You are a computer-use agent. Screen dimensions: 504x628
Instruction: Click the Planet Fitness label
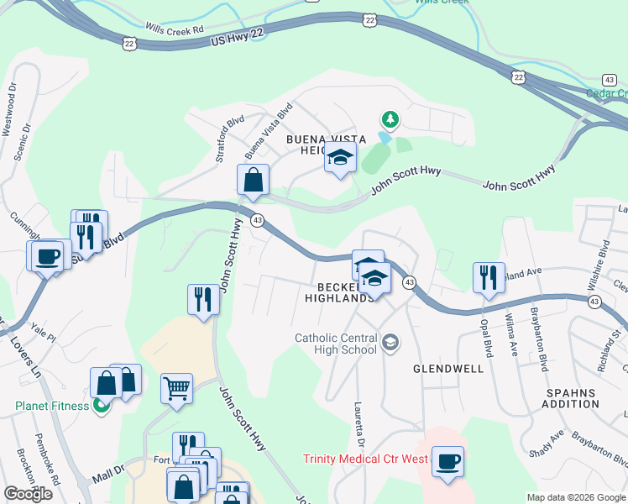pyautogui.click(x=52, y=407)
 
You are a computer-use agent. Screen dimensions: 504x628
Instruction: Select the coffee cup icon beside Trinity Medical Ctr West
pyautogui.click(x=447, y=461)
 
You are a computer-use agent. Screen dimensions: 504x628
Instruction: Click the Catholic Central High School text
pyautogui.click(x=335, y=344)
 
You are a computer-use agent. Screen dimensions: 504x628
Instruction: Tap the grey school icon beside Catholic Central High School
pyautogui.click(x=390, y=342)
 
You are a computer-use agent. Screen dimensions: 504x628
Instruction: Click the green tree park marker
pyautogui.click(x=388, y=119)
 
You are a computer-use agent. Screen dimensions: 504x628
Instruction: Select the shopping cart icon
pyautogui.click(x=176, y=389)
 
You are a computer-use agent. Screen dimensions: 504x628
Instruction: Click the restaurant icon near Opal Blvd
pyautogui.click(x=489, y=277)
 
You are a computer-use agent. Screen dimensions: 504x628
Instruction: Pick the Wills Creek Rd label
pyautogui.click(x=175, y=28)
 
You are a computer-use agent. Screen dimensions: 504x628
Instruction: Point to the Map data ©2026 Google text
pyautogui.click(x=576, y=497)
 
